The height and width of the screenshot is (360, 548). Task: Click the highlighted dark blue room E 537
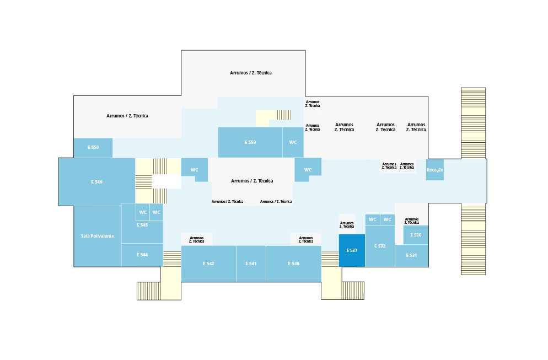click(352, 250)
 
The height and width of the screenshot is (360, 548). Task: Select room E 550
click(93, 148)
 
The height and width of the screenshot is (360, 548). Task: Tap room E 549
click(97, 182)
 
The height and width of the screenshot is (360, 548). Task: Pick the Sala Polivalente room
click(98, 237)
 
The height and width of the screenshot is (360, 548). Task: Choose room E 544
click(142, 255)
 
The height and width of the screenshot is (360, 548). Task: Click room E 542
click(208, 264)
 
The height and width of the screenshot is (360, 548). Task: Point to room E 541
click(251, 264)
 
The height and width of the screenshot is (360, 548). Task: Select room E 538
click(293, 264)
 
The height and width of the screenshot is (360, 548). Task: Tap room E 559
click(250, 142)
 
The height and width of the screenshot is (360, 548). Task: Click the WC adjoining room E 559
click(293, 142)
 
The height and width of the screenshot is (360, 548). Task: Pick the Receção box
click(435, 170)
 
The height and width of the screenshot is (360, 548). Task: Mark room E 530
click(416, 235)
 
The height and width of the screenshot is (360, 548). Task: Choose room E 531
click(412, 255)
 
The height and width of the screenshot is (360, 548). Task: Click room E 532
click(380, 246)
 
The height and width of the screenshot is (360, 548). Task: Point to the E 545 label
click(142, 225)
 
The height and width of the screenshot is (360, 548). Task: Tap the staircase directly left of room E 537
click(330, 259)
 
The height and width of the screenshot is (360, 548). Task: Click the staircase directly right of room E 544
click(172, 259)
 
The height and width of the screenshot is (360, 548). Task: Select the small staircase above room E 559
click(284, 115)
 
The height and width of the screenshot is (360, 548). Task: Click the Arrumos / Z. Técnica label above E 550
click(127, 116)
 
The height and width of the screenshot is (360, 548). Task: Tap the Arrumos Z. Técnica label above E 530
click(412, 221)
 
